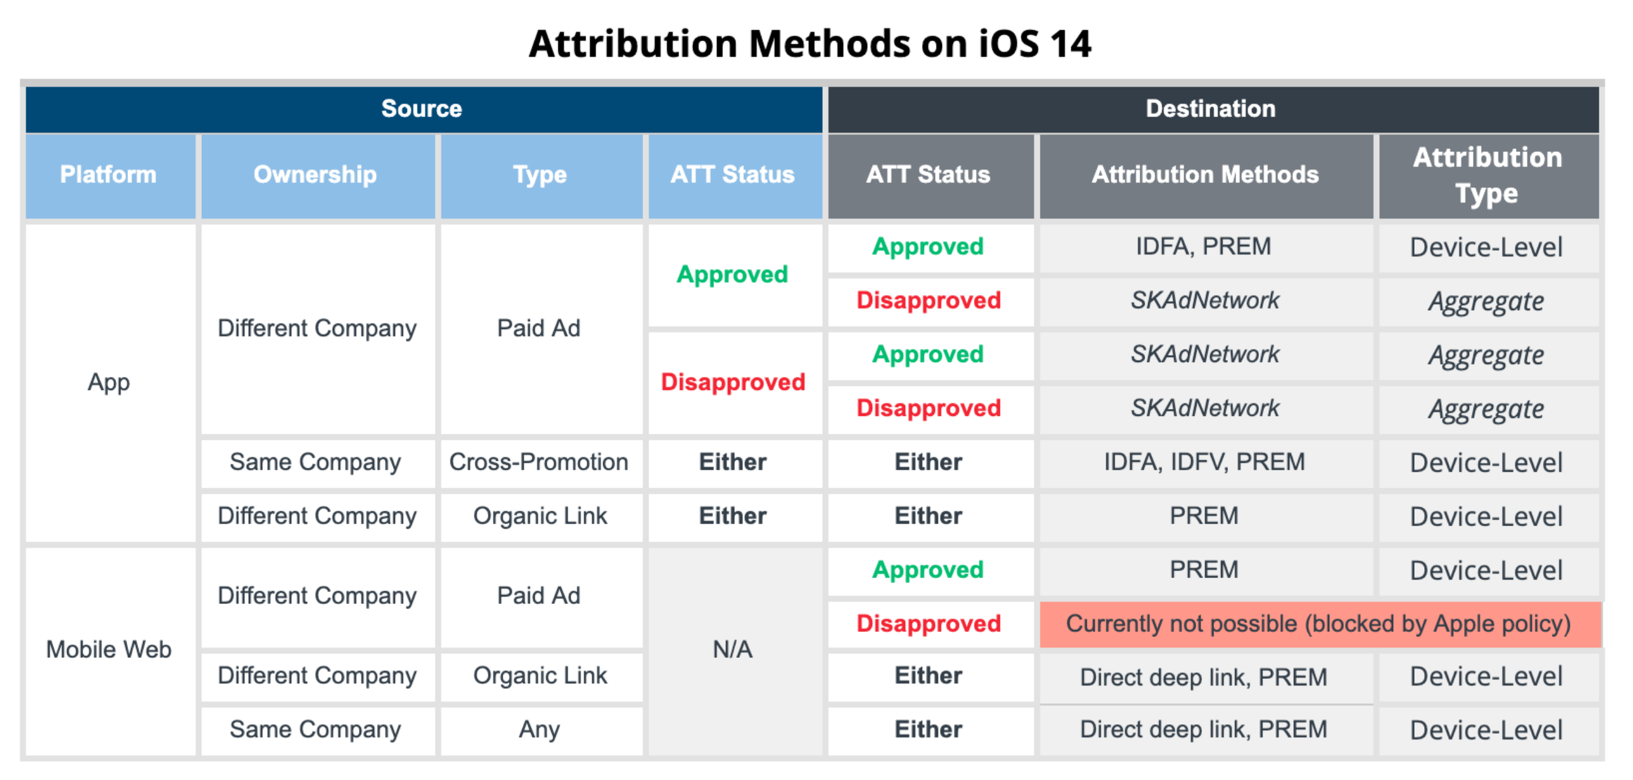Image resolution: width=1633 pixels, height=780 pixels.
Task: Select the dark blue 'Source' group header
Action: (423, 109)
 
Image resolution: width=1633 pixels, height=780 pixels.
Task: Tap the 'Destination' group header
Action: (1213, 109)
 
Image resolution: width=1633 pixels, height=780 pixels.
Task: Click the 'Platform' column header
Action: (110, 175)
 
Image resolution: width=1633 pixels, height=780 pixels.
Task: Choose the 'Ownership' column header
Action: (318, 175)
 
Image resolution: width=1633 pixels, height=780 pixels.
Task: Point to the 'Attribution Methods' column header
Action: (1206, 175)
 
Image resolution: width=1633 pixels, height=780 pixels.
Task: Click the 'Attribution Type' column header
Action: (1489, 175)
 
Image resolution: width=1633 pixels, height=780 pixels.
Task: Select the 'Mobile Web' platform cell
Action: (109, 650)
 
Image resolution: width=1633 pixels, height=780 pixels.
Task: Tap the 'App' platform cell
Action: (109, 382)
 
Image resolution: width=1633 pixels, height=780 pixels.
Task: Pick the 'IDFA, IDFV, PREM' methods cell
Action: (1206, 462)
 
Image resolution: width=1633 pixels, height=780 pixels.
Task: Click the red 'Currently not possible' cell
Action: (1319, 624)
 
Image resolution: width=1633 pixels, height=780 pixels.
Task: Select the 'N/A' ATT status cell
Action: (734, 650)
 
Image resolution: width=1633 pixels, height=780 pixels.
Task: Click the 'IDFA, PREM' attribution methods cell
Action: (1206, 247)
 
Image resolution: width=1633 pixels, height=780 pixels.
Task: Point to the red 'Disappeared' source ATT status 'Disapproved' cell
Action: (734, 382)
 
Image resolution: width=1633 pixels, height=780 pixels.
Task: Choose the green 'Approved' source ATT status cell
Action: (734, 275)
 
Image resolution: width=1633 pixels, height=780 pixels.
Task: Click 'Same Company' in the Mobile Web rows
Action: (316, 730)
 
